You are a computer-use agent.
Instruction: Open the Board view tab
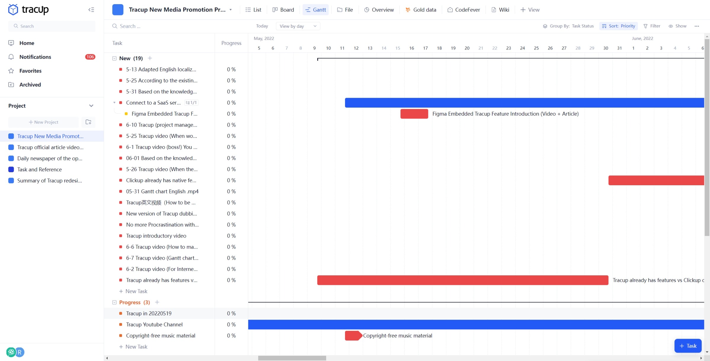click(283, 10)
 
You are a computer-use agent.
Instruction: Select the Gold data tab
click(421, 10)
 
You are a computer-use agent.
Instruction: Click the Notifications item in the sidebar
click(35, 57)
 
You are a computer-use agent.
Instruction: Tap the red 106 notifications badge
click(90, 57)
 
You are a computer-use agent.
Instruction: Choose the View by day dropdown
click(298, 26)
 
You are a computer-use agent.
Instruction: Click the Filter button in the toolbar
click(652, 26)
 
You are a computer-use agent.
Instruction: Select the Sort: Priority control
click(619, 26)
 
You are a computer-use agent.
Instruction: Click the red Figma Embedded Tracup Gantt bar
click(414, 114)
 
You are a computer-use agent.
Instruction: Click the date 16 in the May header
click(411, 48)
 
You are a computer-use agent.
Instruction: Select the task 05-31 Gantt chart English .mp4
click(162, 191)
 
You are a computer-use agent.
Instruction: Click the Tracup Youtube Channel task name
click(154, 325)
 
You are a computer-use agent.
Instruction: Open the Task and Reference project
click(39, 170)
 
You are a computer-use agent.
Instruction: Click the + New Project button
click(44, 122)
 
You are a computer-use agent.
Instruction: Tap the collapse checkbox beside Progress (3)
click(114, 302)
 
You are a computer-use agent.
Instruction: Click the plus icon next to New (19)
click(150, 58)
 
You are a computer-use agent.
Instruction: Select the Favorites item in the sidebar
click(30, 71)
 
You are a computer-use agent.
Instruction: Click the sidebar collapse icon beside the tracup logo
click(91, 10)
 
